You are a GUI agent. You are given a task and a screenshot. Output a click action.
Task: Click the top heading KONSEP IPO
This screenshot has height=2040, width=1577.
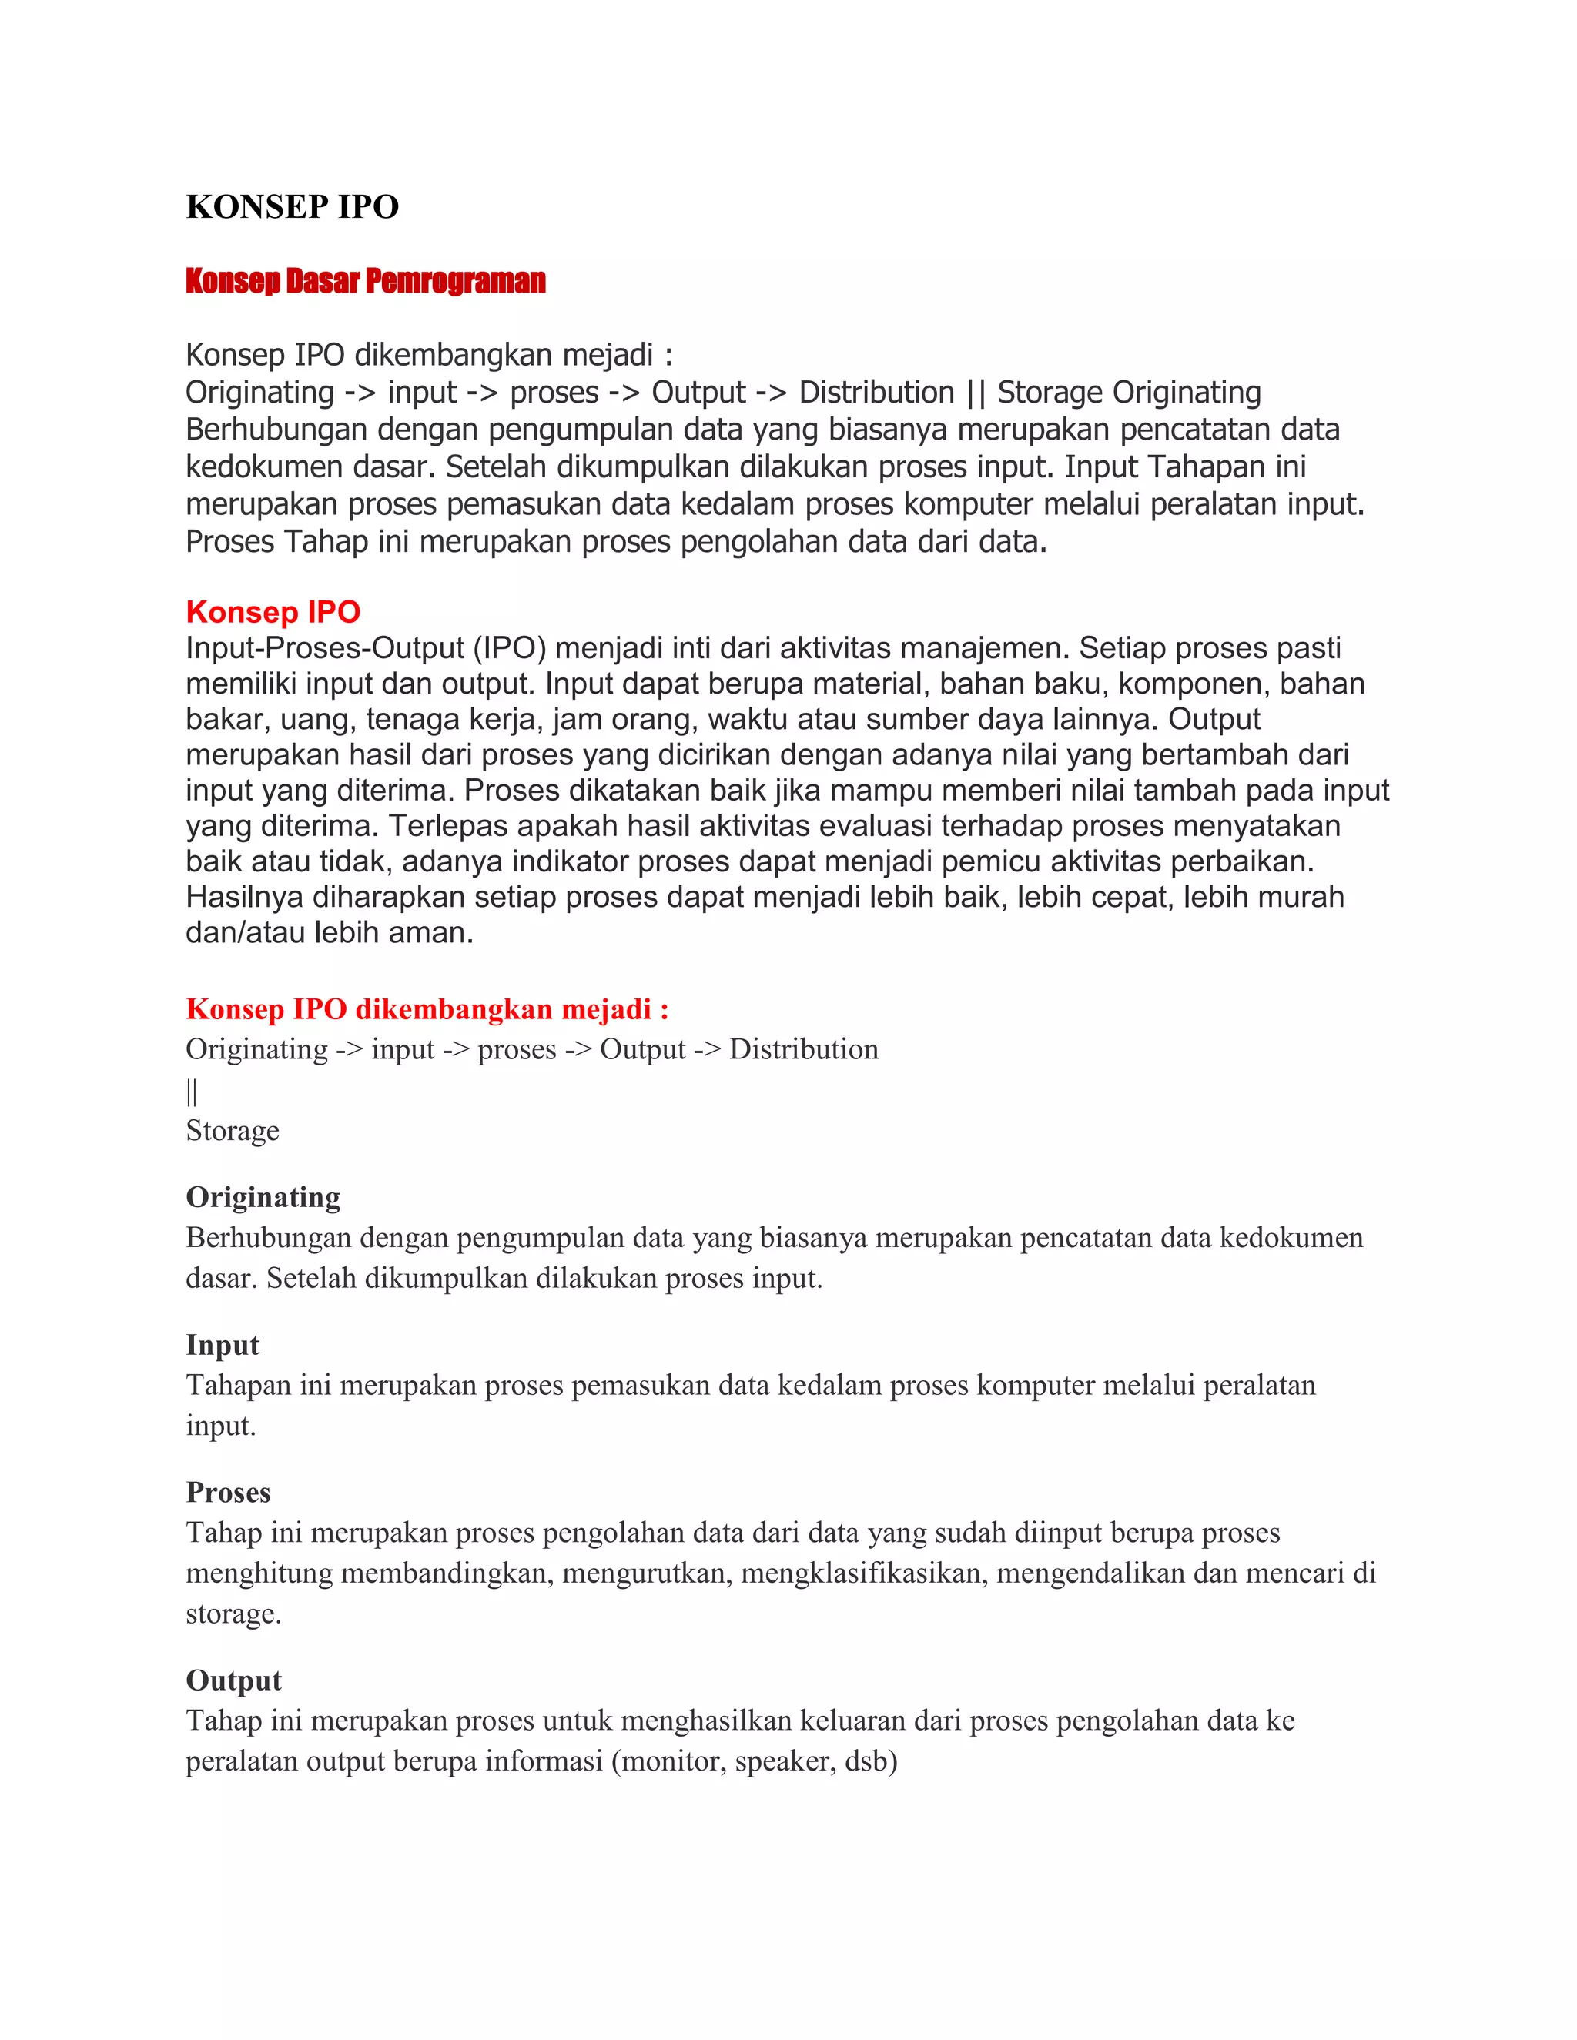pos(293,206)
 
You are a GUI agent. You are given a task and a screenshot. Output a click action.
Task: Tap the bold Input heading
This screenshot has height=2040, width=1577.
pos(223,1344)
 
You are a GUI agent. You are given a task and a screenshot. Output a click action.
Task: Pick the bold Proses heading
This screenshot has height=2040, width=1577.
pos(228,1492)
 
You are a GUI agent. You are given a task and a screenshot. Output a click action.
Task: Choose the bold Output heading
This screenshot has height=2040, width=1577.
pos(233,1680)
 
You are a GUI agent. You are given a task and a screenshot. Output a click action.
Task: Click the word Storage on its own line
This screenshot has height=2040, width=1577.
pos(233,1130)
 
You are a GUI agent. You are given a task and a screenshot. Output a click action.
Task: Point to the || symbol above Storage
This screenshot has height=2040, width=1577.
pos(192,1090)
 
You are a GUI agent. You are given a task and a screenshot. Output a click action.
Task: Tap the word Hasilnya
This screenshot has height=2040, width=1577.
pos(245,896)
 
